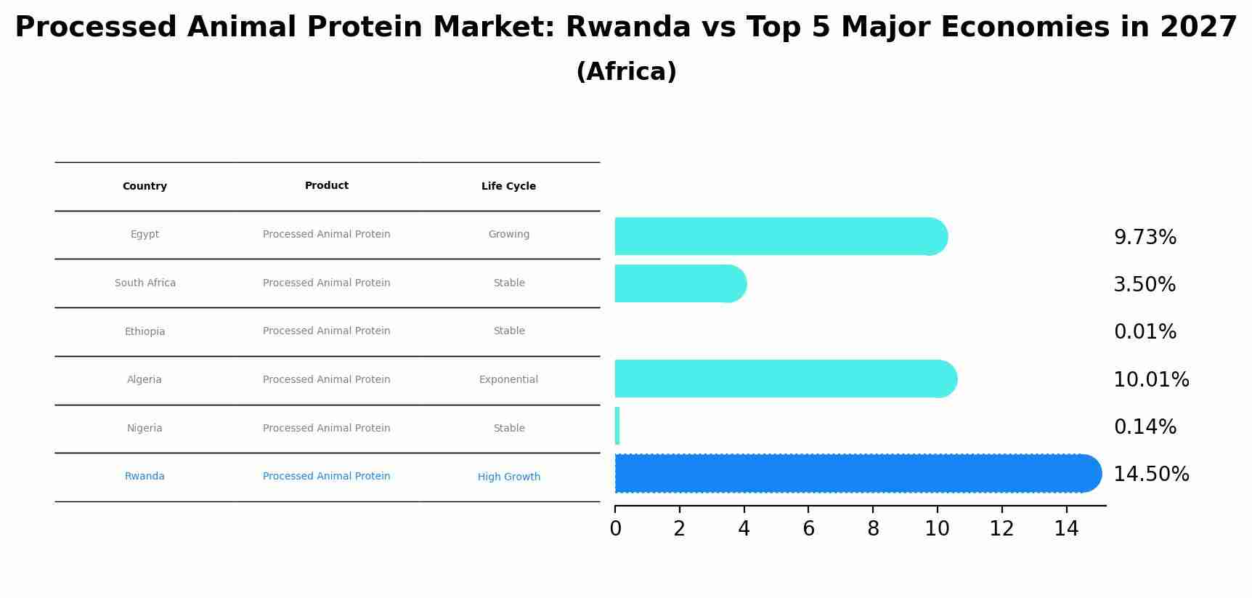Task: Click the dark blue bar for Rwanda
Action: point(858,474)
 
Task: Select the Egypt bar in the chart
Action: point(781,236)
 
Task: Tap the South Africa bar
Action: point(680,283)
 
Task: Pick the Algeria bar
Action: point(786,379)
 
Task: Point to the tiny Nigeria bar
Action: point(617,426)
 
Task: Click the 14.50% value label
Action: point(1151,474)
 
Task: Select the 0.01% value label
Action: point(1145,332)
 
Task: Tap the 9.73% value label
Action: point(1145,238)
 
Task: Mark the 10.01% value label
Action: point(1151,380)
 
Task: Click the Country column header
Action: point(145,186)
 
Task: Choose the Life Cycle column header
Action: point(508,186)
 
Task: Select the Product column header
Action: point(327,185)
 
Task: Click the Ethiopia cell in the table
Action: point(145,331)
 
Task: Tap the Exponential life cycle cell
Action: point(508,379)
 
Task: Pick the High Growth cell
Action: point(508,477)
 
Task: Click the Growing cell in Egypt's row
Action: point(508,234)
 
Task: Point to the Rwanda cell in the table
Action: point(145,476)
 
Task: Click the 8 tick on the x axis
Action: point(873,529)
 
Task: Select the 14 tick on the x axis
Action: point(1066,529)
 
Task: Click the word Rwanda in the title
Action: point(627,28)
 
